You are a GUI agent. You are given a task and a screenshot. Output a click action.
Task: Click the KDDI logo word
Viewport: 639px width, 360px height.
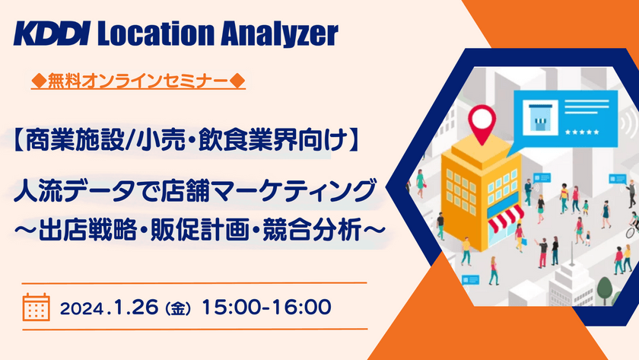click(x=52, y=33)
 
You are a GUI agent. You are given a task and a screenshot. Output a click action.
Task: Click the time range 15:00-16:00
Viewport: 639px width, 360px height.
click(x=271, y=307)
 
